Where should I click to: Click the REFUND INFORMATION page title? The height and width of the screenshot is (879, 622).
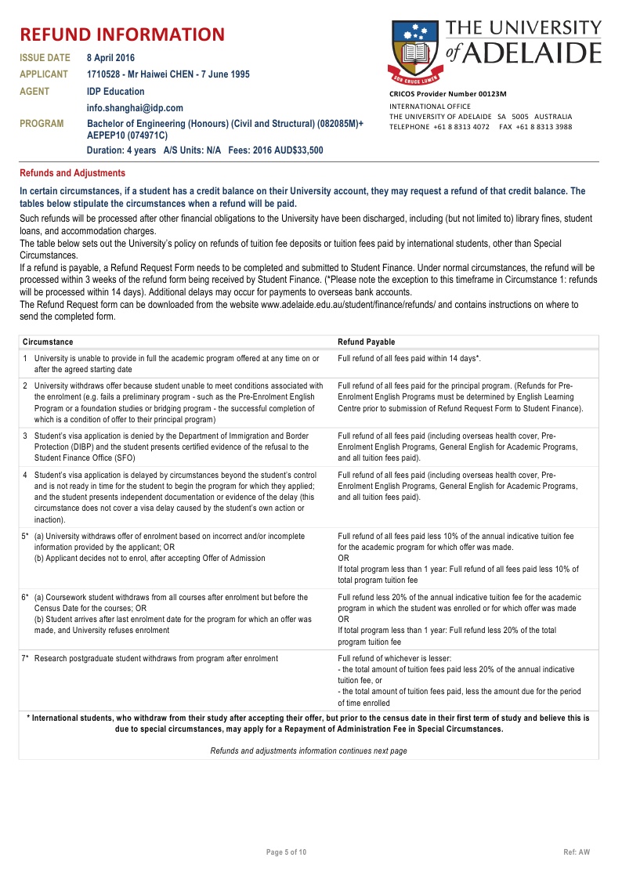[x=121, y=34]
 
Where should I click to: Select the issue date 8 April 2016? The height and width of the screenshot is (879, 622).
[x=111, y=58]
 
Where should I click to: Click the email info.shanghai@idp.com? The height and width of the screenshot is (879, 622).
[x=135, y=108]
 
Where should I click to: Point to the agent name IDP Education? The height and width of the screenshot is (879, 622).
[x=116, y=92]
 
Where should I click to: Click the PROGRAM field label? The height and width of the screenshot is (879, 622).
[x=42, y=124]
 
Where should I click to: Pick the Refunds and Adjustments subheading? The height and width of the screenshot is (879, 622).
[x=72, y=173]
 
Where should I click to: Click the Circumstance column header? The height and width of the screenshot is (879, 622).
[x=48, y=342]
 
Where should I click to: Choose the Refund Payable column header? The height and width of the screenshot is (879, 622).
[x=366, y=342]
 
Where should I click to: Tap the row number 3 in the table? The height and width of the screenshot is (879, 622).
[x=26, y=435]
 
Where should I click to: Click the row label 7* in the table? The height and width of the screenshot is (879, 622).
[x=26, y=658]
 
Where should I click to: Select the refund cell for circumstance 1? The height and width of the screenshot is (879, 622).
[x=408, y=358]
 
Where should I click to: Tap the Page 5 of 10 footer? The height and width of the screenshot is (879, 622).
[x=287, y=852]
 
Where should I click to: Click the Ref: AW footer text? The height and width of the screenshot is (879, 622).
[x=577, y=852]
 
